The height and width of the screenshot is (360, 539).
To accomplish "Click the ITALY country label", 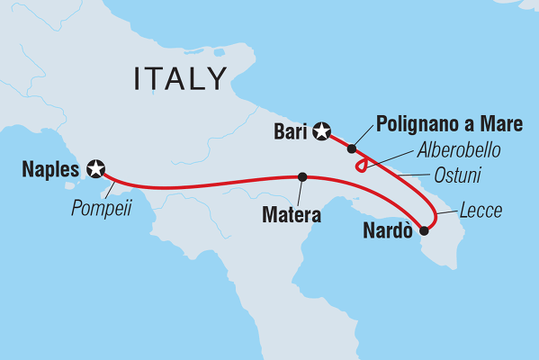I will point(180,79).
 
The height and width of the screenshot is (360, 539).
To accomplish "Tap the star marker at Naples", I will point(95,167).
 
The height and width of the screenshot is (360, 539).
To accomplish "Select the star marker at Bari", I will point(321,133).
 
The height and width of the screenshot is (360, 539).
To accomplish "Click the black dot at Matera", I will point(302,176).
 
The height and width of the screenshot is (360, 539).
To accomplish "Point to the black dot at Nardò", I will point(424,229).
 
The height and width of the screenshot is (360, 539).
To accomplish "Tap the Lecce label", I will point(478,212).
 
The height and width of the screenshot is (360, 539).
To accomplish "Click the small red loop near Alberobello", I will point(361,166).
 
